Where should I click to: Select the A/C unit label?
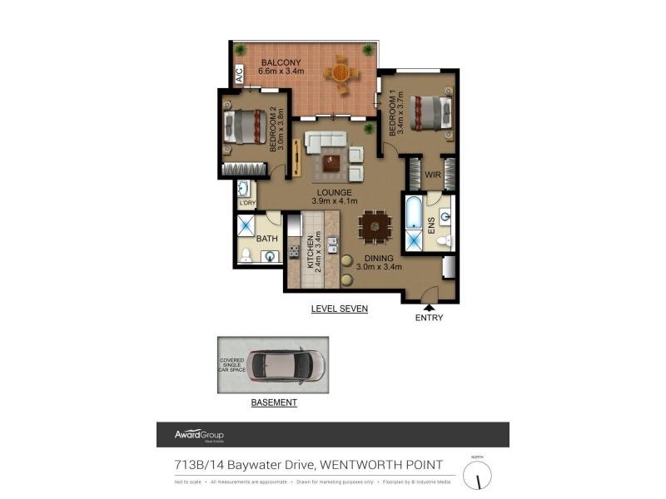[x=239, y=74]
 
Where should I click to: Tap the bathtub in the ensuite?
[x=414, y=213]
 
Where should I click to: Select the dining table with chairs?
[x=374, y=225]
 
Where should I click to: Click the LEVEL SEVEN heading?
[x=339, y=309]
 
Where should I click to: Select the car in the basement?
[x=286, y=365]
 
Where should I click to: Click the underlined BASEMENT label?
[x=274, y=403]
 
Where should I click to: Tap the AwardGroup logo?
[x=199, y=435]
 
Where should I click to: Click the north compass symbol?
[x=477, y=475]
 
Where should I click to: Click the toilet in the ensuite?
[x=444, y=240]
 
